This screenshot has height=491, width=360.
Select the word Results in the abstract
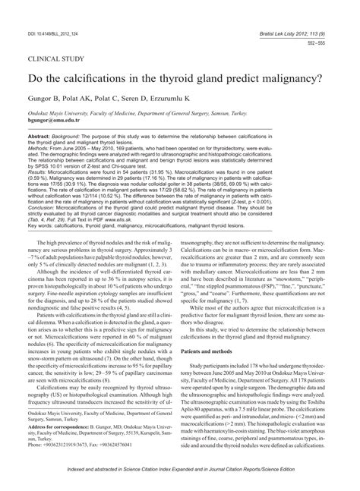coord(38,172)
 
